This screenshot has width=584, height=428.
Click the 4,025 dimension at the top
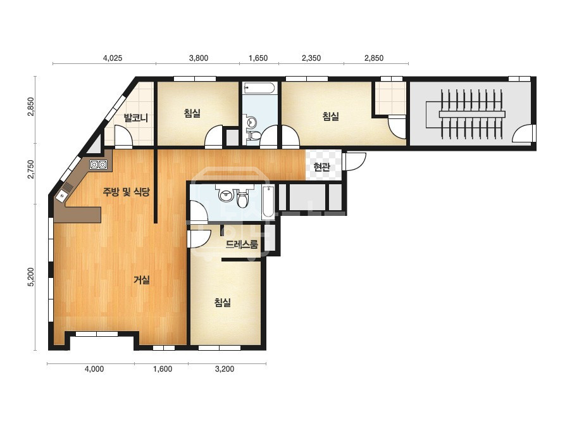(112, 58)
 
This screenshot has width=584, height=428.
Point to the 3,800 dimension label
(199, 58)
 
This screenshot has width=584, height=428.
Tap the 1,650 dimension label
(258, 58)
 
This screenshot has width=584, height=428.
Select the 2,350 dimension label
(311, 58)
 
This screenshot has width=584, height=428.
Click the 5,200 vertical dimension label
(31, 277)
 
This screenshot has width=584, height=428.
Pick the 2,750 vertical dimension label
(31, 169)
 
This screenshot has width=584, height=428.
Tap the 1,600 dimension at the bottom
(163, 369)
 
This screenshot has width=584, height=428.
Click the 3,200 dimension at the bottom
(225, 369)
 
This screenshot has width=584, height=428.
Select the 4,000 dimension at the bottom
(94, 369)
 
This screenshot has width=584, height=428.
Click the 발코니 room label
(136, 118)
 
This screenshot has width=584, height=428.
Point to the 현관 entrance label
(322, 167)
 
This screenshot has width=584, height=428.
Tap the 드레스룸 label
(242, 244)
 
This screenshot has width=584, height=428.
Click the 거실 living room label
(142, 280)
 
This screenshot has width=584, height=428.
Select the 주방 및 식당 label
(127, 192)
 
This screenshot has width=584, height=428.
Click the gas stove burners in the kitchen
(98, 165)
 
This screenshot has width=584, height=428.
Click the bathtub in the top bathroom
(259, 89)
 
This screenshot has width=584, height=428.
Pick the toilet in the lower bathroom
(243, 198)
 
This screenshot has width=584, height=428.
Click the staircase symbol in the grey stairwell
(472, 114)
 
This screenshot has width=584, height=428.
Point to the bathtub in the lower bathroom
(268, 202)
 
